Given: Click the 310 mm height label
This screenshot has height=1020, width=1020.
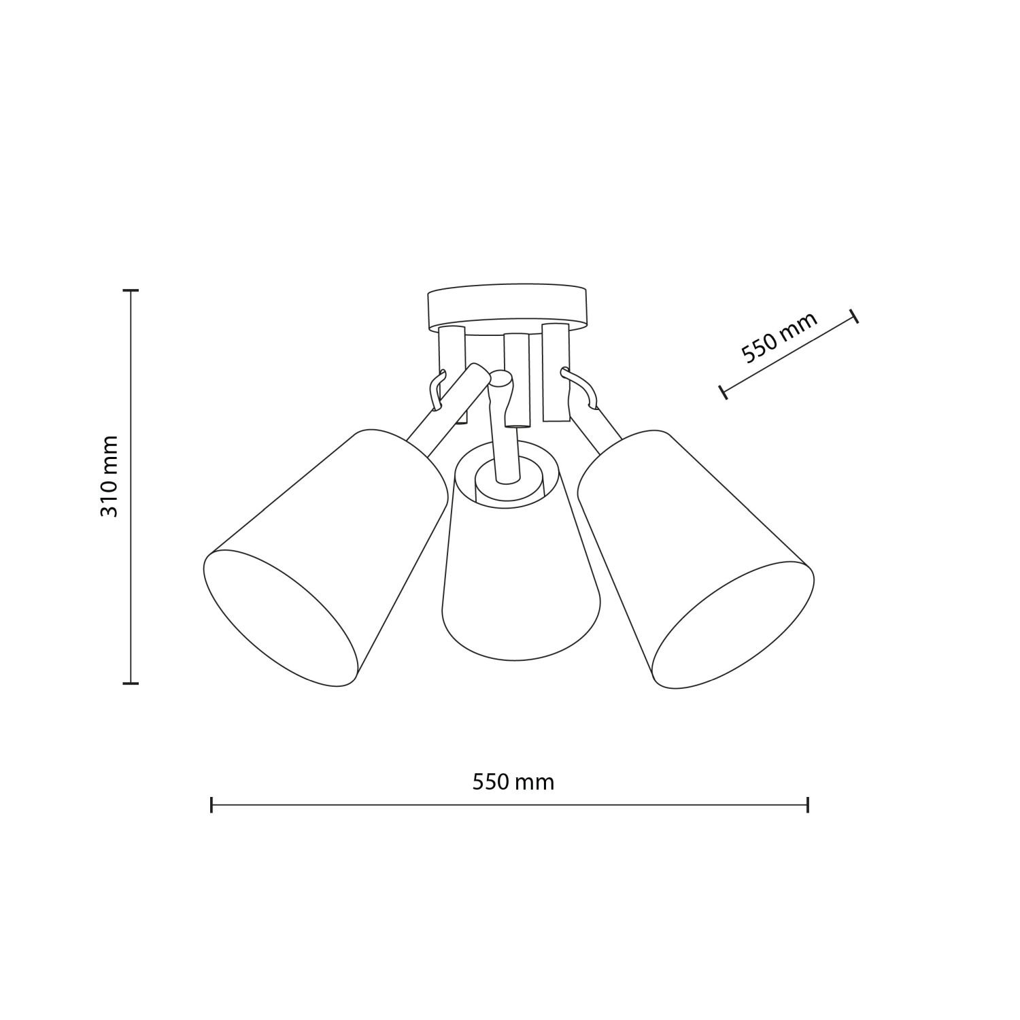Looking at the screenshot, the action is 109,477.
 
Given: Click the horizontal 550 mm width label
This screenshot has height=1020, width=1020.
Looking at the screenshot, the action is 513,782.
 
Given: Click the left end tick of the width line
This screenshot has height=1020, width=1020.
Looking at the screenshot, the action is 212,805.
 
